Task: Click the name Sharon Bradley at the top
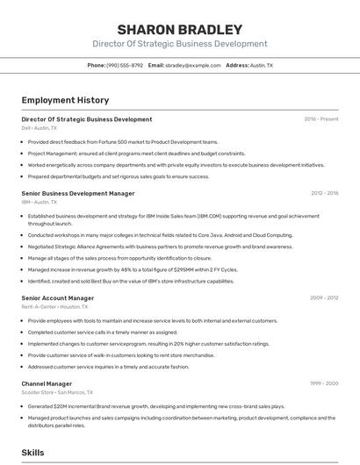tap(179, 29)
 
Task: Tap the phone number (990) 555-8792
tap(125, 66)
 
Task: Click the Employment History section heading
tap(65, 101)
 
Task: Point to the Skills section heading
tap(33, 453)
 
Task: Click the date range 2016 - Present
tap(321, 118)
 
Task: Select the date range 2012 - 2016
tap(324, 193)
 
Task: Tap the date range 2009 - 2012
tap(324, 297)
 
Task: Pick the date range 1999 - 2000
tap(324, 383)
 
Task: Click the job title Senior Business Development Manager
tap(78, 193)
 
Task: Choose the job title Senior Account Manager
tap(58, 297)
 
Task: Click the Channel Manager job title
tap(47, 383)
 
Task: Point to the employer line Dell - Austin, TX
tap(40, 128)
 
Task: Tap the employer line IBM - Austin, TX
tap(40, 202)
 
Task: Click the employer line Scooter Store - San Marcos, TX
tap(58, 393)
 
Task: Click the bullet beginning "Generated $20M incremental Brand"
tap(156, 406)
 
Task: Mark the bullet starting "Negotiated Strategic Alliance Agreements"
tap(148, 247)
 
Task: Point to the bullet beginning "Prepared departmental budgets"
tap(119, 175)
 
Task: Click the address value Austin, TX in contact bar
tap(262, 66)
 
